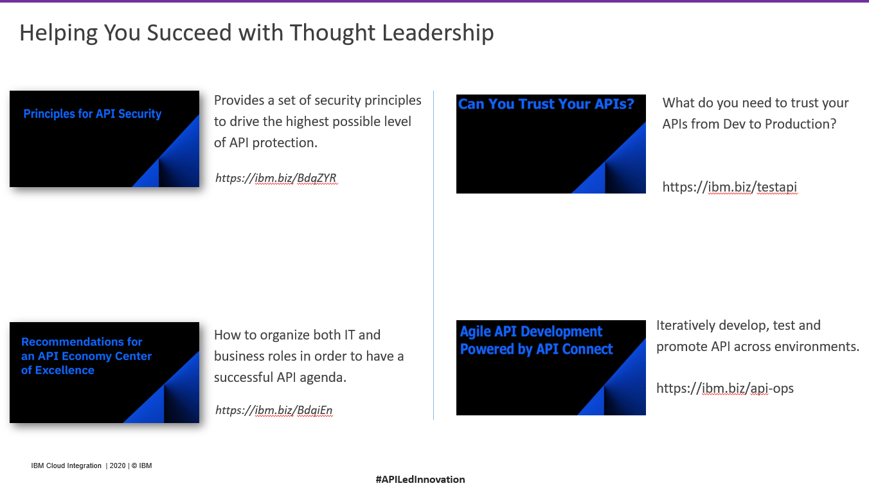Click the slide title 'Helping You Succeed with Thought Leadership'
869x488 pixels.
click(x=256, y=33)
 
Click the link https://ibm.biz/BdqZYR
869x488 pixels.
click(x=276, y=178)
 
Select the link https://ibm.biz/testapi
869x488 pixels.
click(x=730, y=187)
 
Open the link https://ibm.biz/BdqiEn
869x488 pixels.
click(x=274, y=410)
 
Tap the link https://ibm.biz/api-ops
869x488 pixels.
click(x=724, y=388)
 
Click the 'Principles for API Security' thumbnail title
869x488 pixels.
click(x=93, y=114)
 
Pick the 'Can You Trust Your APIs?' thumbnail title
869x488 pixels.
click(x=546, y=104)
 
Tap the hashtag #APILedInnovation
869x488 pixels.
click(x=420, y=480)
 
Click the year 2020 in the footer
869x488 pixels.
click(x=118, y=465)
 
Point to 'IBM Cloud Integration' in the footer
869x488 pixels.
click(x=66, y=465)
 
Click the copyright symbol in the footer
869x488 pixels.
click(x=134, y=465)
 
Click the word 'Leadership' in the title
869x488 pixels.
click(x=438, y=33)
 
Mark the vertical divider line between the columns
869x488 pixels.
click(x=433, y=255)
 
